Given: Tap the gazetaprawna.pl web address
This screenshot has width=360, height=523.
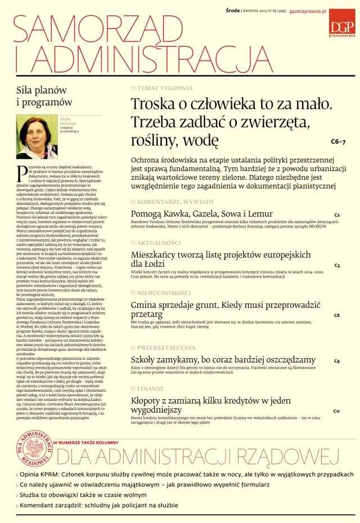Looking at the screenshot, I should [x=308, y=11].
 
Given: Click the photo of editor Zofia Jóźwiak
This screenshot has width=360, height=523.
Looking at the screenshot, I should [x=37, y=136].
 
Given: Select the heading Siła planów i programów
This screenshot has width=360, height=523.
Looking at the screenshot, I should [x=42, y=96].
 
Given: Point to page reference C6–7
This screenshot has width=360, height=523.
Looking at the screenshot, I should [x=338, y=141].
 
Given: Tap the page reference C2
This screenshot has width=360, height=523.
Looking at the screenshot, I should [x=337, y=215].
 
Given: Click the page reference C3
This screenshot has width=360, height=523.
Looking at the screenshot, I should [x=337, y=265].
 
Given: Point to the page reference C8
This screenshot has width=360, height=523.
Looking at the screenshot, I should [x=337, y=315].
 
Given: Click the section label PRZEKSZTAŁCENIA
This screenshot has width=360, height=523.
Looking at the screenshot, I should [x=166, y=347].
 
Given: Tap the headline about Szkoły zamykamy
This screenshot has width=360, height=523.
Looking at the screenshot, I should [x=223, y=360].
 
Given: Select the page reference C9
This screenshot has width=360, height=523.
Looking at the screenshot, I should [x=337, y=361].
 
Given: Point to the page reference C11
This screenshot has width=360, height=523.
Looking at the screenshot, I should [x=336, y=411].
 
